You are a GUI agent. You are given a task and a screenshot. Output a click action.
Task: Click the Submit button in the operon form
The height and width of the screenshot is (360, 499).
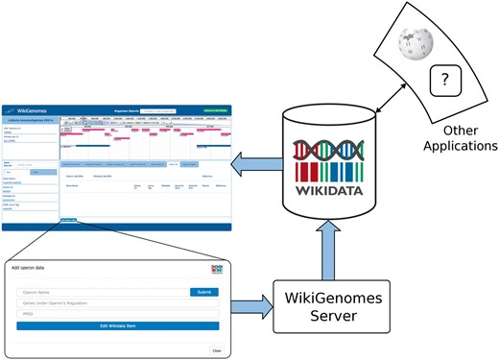click(203, 292)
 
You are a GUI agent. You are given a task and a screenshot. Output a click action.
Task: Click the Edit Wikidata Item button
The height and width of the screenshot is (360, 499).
click(116, 325)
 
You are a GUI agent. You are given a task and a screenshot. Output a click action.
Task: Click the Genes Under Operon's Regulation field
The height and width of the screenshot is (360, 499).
click(116, 303)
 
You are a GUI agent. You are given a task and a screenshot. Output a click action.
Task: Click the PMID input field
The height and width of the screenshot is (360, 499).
click(116, 314)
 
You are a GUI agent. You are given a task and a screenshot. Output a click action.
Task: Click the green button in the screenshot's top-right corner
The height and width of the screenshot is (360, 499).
click(213, 111)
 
